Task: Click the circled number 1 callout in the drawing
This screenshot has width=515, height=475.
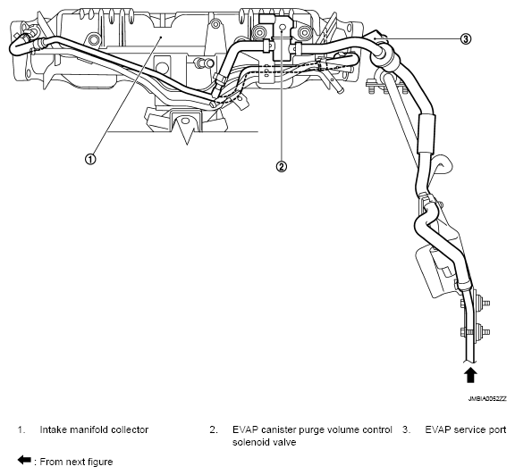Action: (89, 160)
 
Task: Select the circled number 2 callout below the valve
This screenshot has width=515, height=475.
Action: (281, 166)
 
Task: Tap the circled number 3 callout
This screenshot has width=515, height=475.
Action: (465, 38)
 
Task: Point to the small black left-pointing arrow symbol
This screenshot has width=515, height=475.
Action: (24, 460)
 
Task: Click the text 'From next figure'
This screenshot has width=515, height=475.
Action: (75, 461)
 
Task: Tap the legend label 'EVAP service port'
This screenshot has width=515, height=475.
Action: (466, 429)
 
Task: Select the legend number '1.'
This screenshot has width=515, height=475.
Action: (21, 429)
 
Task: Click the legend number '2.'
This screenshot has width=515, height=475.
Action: (214, 429)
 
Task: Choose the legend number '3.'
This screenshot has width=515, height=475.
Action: (406, 429)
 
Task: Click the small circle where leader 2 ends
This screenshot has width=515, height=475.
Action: (280, 29)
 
